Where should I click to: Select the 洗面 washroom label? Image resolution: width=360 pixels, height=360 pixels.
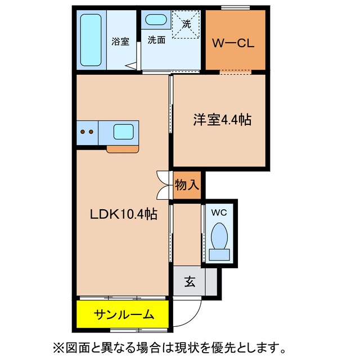coord(156,40)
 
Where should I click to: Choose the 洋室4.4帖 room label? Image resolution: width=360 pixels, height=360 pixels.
coord(222,119)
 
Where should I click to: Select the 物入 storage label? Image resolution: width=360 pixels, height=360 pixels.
coord(187,185)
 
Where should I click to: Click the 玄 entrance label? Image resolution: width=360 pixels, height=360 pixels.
coord(190,282)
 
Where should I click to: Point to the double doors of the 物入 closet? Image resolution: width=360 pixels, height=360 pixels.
coord(163,185)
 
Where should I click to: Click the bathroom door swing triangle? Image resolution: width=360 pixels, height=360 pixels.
coord(133,67)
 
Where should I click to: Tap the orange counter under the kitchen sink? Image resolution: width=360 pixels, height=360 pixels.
coord(123,149)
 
